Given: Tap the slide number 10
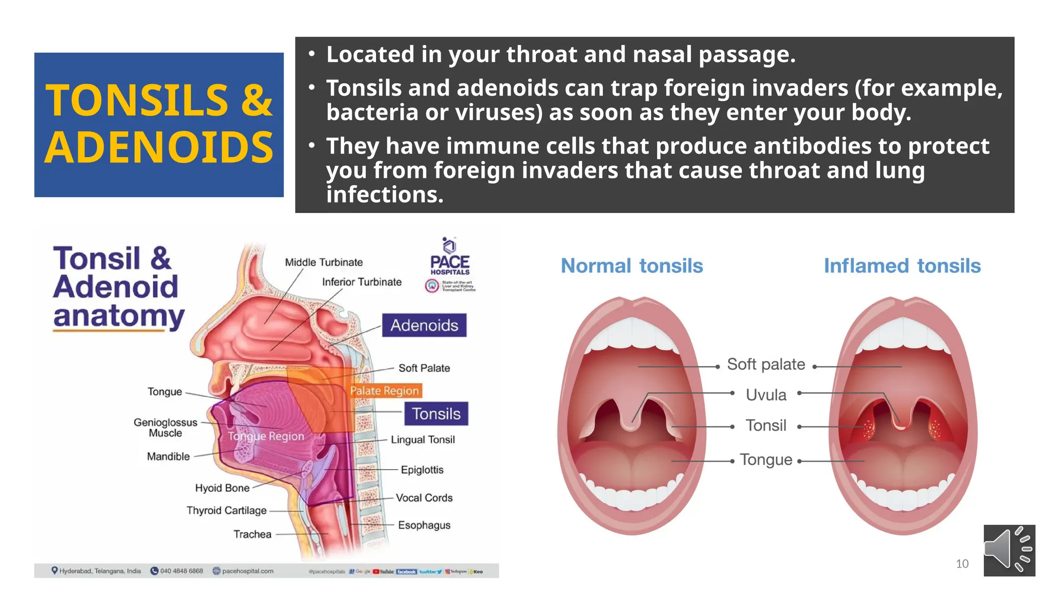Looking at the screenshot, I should click(962, 564).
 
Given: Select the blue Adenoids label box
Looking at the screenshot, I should click(424, 325).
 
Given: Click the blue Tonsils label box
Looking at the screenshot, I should click(436, 414).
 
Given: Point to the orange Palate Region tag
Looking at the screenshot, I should click(385, 391).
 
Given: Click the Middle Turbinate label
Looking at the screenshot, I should click(324, 262).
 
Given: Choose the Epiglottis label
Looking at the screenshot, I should click(422, 470).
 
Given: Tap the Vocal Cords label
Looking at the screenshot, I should click(424, 498).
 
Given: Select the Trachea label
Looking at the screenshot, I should click(253, 534).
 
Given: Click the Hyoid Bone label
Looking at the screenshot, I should click(222, 488).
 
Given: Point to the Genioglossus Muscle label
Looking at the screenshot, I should click(165, 428).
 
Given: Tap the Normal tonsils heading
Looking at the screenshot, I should click(632, 266).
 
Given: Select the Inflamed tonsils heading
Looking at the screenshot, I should click(902, 266).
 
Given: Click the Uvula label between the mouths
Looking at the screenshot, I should click(766, 395).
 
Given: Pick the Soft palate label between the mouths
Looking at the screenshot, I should click(766, 364).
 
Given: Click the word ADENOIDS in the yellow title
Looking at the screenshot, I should click(159, 147).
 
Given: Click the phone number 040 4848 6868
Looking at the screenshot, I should click(181, 571).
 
